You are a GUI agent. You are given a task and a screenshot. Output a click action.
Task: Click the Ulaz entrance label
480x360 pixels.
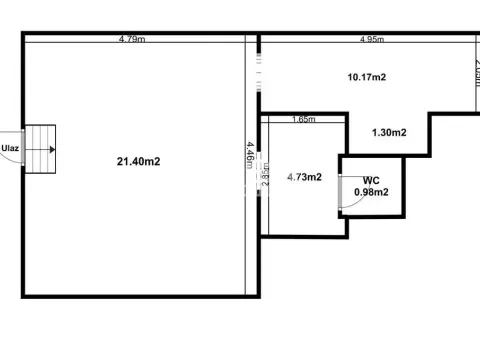(11, 149)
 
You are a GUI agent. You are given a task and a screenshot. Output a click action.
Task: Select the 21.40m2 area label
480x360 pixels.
(139, 161)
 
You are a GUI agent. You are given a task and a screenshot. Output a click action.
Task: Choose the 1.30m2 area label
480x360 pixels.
(389, 132)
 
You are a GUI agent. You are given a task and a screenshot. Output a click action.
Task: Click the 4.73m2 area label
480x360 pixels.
(304, 177)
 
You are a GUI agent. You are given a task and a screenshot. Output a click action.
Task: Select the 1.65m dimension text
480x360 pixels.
(303, 119)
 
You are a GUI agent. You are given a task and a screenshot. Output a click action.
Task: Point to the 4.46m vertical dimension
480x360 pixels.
(249, 159)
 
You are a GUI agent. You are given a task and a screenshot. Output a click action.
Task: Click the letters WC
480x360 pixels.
(371, 180)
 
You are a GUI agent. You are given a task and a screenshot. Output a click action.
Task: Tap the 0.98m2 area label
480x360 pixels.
(371, 192)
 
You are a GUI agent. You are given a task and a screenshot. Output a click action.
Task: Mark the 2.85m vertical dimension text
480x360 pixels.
(264, 178)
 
